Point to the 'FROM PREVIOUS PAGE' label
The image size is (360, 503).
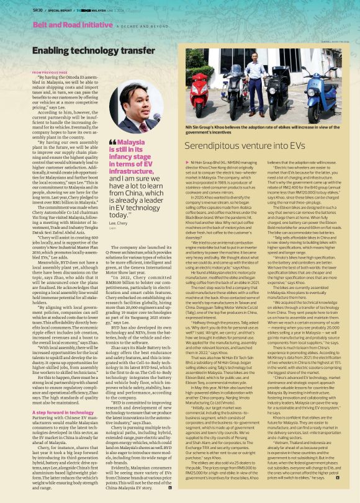pyautogui.click(x=50, y=73)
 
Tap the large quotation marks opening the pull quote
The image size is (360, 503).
pyautogui.click(x=112, y=142)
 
